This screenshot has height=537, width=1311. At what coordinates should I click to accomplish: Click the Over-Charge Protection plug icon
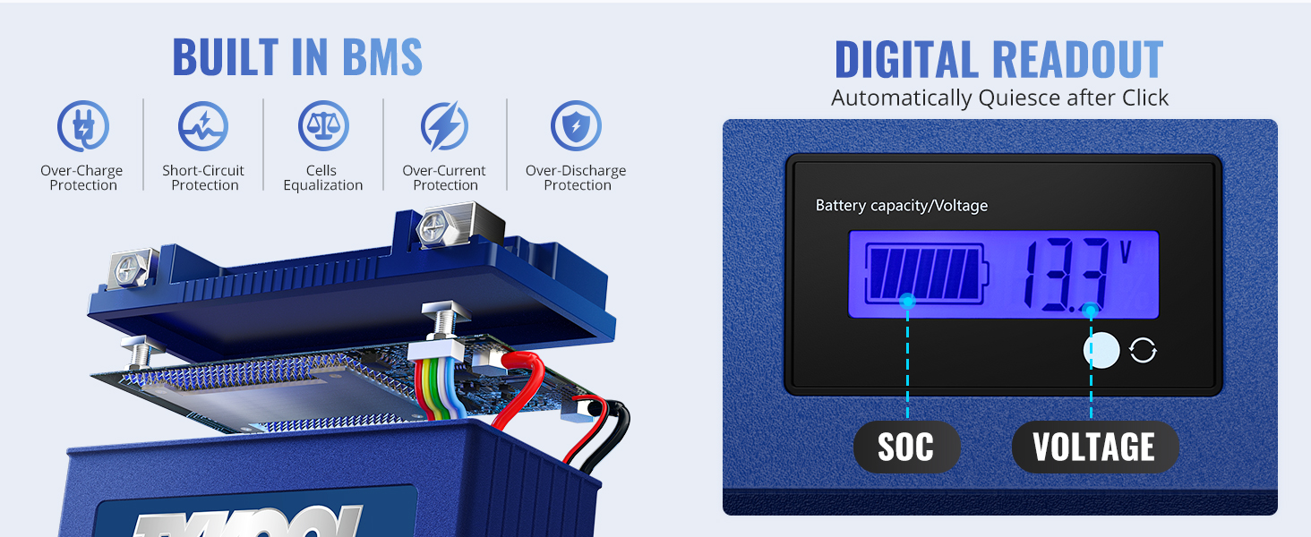tap(83, 126)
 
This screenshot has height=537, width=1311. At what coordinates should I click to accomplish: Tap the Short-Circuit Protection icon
tap(203, 126)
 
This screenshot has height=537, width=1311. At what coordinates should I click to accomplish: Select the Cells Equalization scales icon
tap(323, 126)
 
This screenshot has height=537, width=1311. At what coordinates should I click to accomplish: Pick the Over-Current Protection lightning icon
tap(445, 126)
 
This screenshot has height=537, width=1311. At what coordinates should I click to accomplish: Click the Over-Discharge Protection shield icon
tap(577, 126)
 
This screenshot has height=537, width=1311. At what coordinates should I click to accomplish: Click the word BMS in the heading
tap(369, 57)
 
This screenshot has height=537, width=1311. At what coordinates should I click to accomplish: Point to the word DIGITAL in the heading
tap(910, 60)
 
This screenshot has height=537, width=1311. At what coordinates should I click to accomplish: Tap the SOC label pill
tap(906, 447)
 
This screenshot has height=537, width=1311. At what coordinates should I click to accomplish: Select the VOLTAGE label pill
tap(1094, 447)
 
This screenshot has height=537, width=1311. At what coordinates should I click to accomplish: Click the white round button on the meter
tap(1101, 351)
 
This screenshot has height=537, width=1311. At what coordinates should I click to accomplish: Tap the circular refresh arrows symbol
tap(1143, 351)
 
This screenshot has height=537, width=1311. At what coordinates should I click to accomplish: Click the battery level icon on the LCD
tap(925, 273)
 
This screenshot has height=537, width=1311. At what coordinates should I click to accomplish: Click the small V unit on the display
tap(1126, 251)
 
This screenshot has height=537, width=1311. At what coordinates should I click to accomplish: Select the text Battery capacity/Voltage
tap(901, 206)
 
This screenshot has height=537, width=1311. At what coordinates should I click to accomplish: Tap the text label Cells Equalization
tap(323, 178)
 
